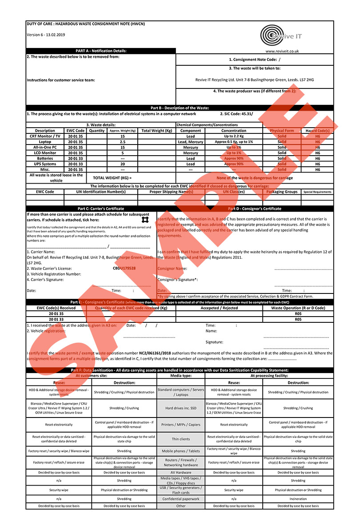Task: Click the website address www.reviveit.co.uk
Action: pyautogui.click(x=282, y=51)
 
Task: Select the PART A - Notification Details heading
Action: pyautogui.click(x=101, y=51)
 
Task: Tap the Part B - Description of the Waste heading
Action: pyautogui.click(x=180, y=108)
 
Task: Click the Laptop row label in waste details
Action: pyautogui.click(x=44, y=142)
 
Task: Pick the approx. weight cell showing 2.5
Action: pyautogui.click(x=122, y=142)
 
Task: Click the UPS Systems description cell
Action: pyautogui.click(x=44, y=164)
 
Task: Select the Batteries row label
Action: pyautogui.click(x=44, y=158)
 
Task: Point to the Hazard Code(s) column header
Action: pyautogui.click(x=317, y=131)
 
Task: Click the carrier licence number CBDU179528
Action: pyautogui.click(x=124, y=269)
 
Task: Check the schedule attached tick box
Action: pyautogui.click(x=144, y=220)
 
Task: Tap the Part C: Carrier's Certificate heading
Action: pyautogui.click(x=101, y=209)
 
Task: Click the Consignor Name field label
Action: pyautogui.click(x=172, y=269)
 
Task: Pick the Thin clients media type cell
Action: pyautogui.click(x=181, y=439)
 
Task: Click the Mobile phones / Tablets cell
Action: pyautogui.click(x=181, y=451)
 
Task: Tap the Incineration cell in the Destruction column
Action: pyautogui.click(x=298, y=499)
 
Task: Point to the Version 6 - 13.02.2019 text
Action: pyautogui.click(x=46, y=35)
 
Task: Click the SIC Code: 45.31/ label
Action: pyautogui.click(x=236, y=114)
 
